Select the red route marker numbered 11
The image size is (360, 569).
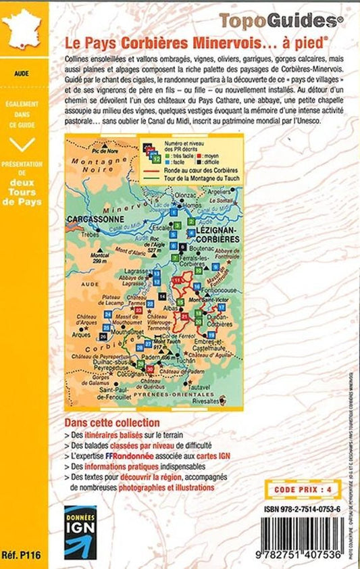(x=177, y=280)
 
